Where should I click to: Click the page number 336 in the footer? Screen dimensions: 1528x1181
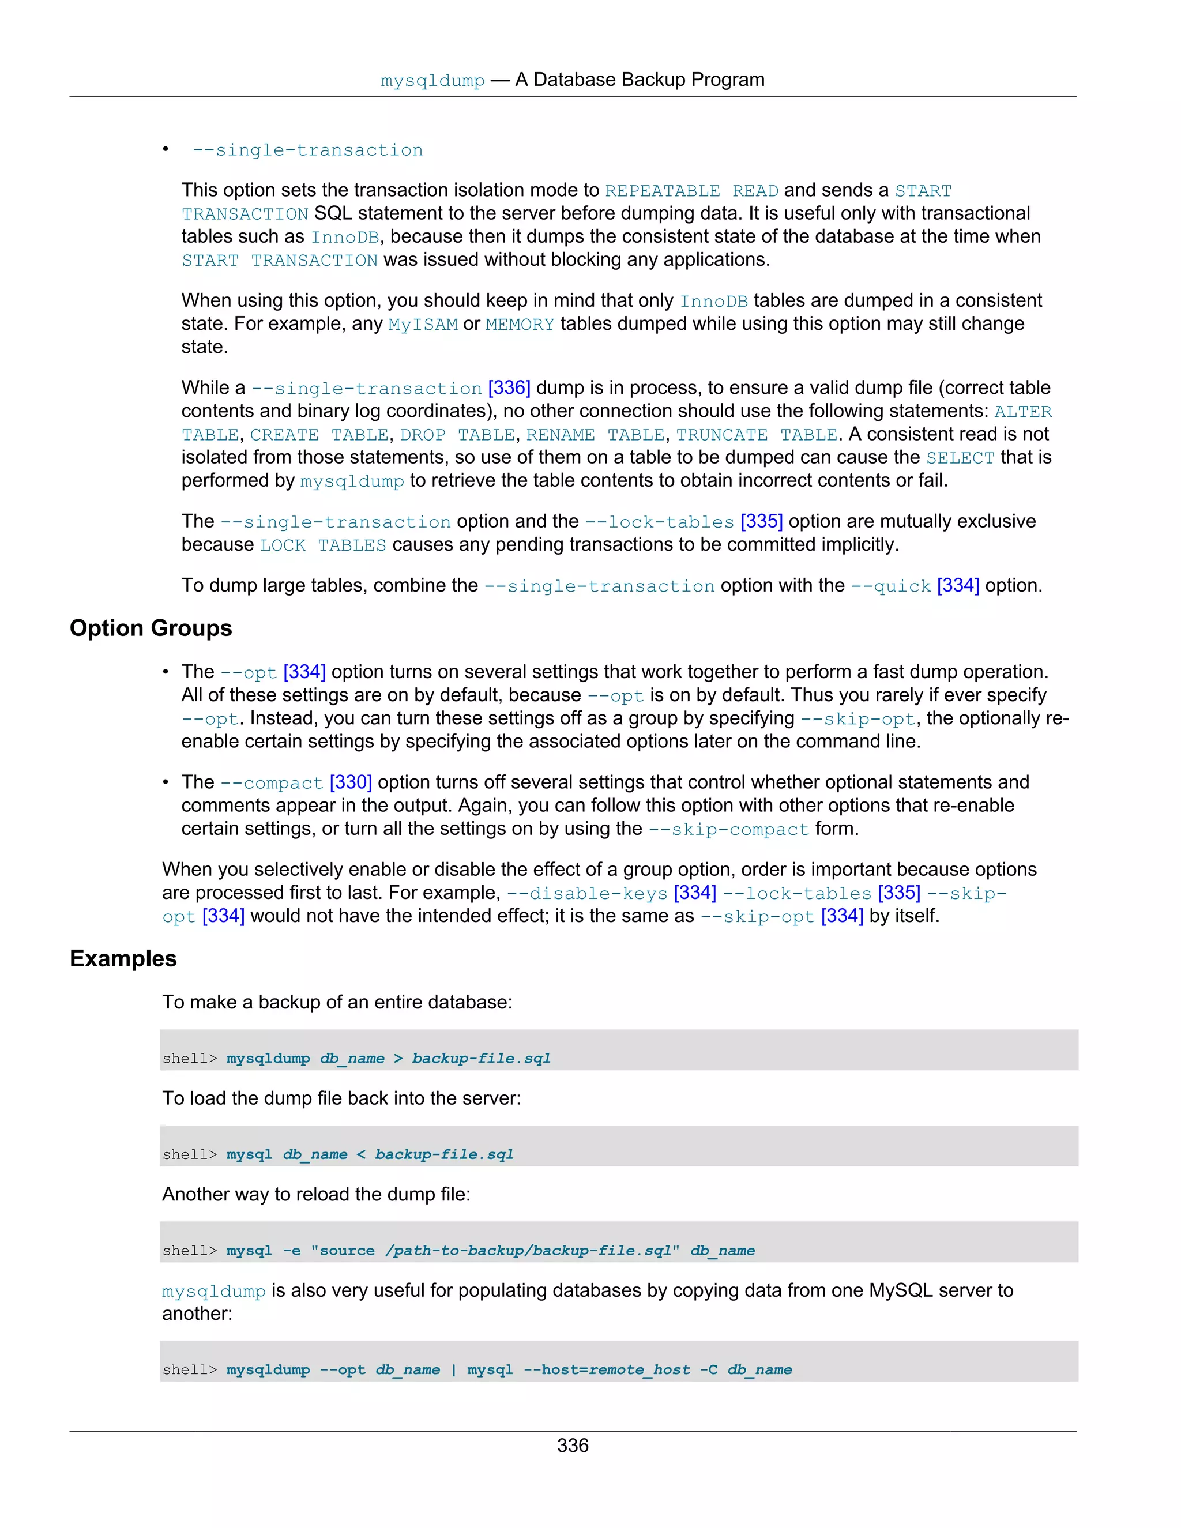click(x=572, y=1446)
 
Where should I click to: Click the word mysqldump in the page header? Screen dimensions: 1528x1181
click(x=432, y=81)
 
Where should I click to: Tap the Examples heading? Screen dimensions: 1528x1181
click(x=123, y=958)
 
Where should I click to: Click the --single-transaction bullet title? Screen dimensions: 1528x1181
click(x=308, y=150)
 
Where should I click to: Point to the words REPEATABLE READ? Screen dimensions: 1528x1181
click(x=691, y=191)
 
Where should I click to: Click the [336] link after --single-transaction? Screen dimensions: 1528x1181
click(x=509, y=387)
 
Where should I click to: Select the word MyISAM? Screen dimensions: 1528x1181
click(x=423, y=325)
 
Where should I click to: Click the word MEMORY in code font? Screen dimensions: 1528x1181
click(x=519, y=325)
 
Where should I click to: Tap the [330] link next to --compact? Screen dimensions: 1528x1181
click(x=351, y=782)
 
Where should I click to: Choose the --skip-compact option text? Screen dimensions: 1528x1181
click(x=728, y=829)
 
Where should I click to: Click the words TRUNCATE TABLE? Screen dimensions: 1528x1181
click(x=757, y=435)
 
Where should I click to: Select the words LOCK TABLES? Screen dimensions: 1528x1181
click(x=322, y=545)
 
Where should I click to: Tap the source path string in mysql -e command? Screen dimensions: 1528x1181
click(x=495, y=1250)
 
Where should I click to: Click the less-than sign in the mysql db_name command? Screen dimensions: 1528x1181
click(x=361, y=1154)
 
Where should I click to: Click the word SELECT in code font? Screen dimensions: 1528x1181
click(x=960, y=458)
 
